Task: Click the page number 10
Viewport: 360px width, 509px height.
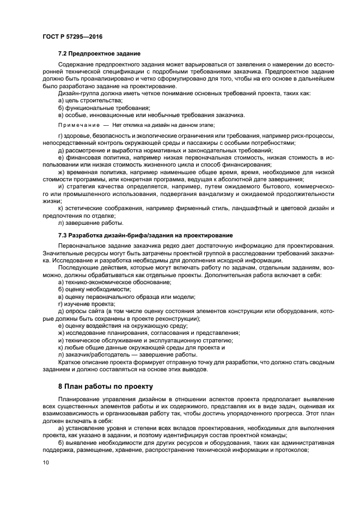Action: point(45,463)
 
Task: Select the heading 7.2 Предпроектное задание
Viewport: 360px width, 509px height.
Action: point(99,53)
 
